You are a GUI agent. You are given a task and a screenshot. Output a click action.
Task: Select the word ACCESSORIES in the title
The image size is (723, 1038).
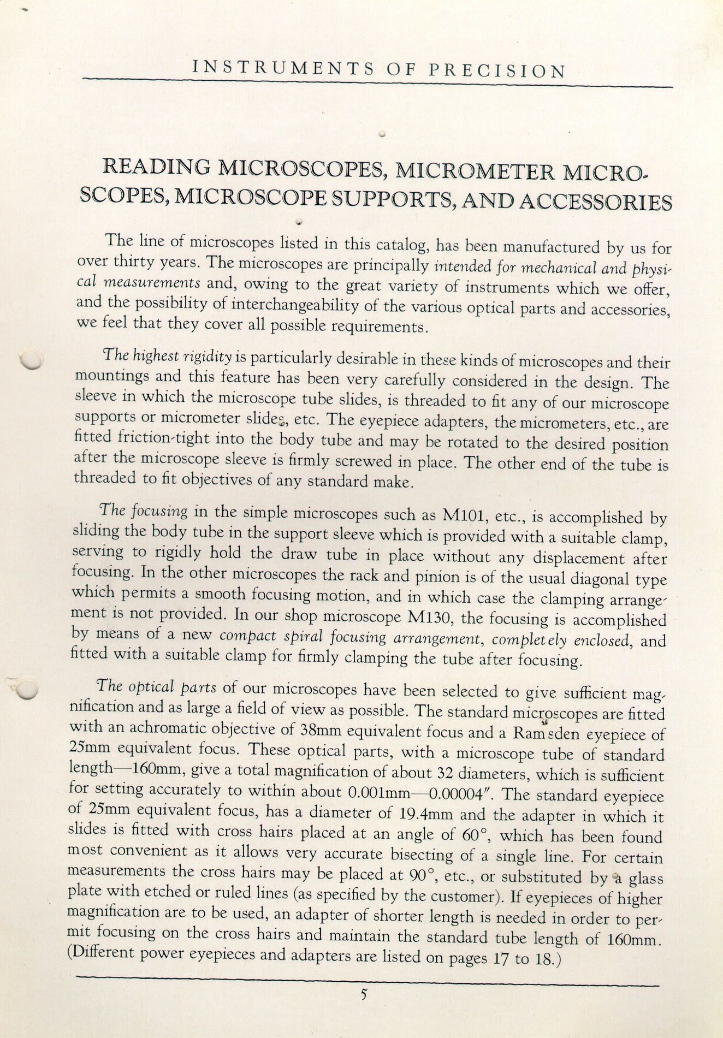(596, 203)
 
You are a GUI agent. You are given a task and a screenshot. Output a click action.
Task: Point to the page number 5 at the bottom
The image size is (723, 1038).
(363, 994)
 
